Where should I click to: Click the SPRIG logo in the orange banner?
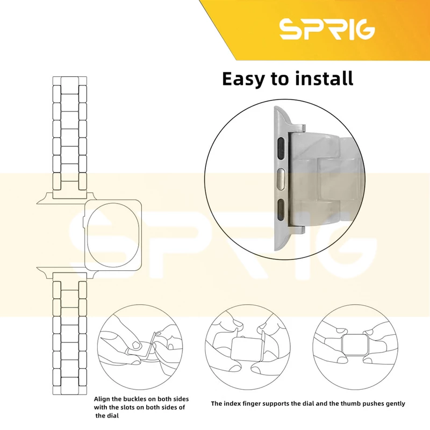point(327,28)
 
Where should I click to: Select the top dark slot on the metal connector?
point(281,149)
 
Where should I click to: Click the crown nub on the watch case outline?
point(83,222)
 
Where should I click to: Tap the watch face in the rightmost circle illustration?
point(355,345)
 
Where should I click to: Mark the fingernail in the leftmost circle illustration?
point(136,345)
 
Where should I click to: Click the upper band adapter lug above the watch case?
point(67,197)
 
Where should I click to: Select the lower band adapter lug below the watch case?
point(67,273)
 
